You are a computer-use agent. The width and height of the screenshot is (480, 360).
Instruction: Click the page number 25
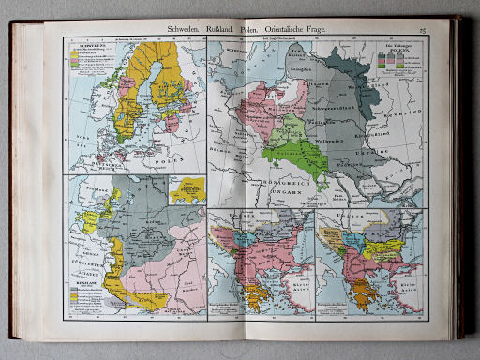(x=423, y=32)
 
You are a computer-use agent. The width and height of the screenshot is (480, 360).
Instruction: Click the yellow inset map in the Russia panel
(x=186, y=193)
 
